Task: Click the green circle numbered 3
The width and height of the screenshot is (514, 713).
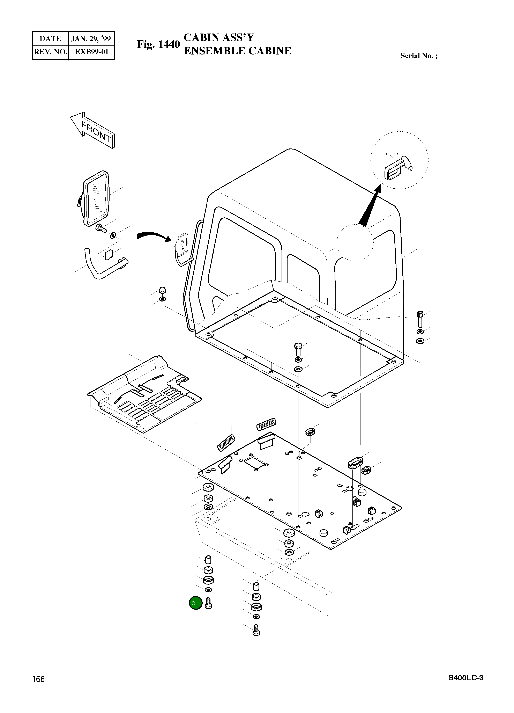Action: click(195, 603)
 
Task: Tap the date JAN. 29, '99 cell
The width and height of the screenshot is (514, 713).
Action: click(91, 39)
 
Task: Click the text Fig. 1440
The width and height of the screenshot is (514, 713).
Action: click(158, 44)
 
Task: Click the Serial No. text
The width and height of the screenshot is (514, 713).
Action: click(418, 56)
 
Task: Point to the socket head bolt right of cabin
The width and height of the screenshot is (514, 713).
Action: click(420, 319)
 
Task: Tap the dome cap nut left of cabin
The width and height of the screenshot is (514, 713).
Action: click(162, 290)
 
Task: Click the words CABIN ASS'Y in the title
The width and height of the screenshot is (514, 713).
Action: click(219, 37)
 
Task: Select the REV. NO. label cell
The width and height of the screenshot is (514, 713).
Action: click(51, 52)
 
